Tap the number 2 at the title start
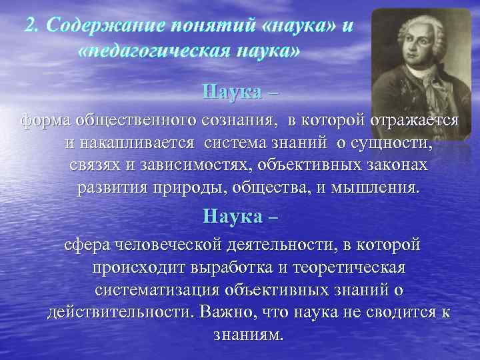pyautogui.click(x=29, y=26)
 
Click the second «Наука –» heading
pyautogui.click(x=240, y=216)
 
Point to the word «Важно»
pyautogui.click(x=227, y=313)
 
